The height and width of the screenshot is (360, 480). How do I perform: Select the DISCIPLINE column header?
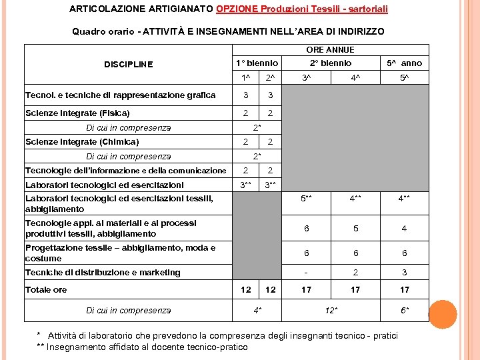(129, 65)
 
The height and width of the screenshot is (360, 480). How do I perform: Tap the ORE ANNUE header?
(330, 50)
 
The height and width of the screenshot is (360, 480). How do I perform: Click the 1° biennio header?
(257, 63)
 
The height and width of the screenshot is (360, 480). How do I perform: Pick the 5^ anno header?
(405, 63)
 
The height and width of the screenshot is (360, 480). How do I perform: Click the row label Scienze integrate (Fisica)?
(77, 113)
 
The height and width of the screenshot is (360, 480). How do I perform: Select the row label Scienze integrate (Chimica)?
(82, 142)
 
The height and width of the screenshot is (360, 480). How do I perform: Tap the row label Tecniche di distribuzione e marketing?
(103, 273)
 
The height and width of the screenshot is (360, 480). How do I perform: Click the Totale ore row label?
(46, 290)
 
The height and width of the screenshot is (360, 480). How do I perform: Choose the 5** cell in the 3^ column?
(306, 198)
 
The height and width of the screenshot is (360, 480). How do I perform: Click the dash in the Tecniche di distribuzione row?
(306, 273)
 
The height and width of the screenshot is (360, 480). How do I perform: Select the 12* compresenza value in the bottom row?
(331, 311)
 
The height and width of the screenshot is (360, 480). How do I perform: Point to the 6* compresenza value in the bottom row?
(405, 311)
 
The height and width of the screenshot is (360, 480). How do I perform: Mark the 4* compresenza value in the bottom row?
(257, 311)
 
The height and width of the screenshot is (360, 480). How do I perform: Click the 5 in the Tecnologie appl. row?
(356, 229)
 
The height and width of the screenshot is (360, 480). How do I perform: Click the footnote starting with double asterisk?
(142, 347)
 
